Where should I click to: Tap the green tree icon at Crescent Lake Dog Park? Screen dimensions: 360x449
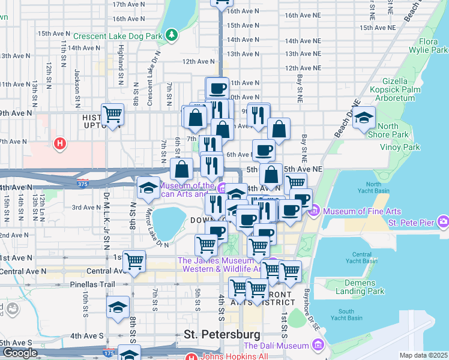click(x=172, y=34)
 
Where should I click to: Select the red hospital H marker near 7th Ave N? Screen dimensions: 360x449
click(x=59, y=143)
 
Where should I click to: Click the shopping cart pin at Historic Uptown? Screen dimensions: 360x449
click(x=112, y=113)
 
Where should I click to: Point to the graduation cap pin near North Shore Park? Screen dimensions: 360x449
click(x=364, y=118)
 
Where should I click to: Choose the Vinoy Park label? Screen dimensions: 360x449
click(x=403, y=147)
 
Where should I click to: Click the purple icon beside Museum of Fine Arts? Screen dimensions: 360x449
click(x=314, y=211)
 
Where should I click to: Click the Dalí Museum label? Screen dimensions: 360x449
click(x=276, y=346)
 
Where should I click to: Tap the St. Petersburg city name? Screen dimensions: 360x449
click(x=222, y=334)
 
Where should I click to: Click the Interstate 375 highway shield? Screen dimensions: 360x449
click(x=83, y=182)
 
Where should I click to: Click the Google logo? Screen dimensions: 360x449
click(x=20, y=353)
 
